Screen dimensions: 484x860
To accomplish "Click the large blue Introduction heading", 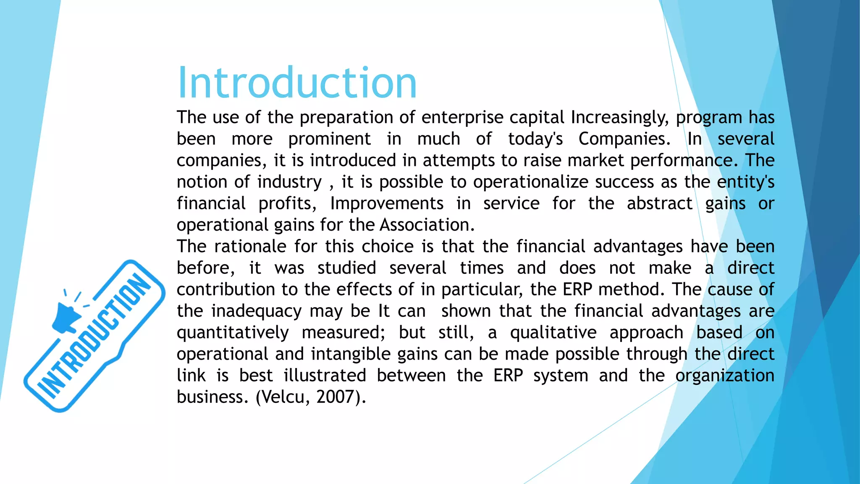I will point(297,83).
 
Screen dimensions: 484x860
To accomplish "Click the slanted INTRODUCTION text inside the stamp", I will point(94,336).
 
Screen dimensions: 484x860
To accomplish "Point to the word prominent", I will point(329,139).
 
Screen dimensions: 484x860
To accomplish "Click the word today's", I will point(535,139).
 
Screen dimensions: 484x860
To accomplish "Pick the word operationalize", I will point(531,182).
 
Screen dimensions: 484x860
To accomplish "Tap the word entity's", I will point(745,182).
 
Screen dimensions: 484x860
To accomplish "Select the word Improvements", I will point(387,204).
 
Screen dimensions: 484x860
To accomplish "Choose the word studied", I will point(346,268).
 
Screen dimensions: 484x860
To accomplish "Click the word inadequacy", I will point(256,311).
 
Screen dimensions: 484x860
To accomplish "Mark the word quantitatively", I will point(233,333).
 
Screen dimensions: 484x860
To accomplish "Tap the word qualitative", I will point(553,333).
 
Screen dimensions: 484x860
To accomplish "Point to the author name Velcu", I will point(280,397).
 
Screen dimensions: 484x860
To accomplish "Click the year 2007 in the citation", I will point(333,397).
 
